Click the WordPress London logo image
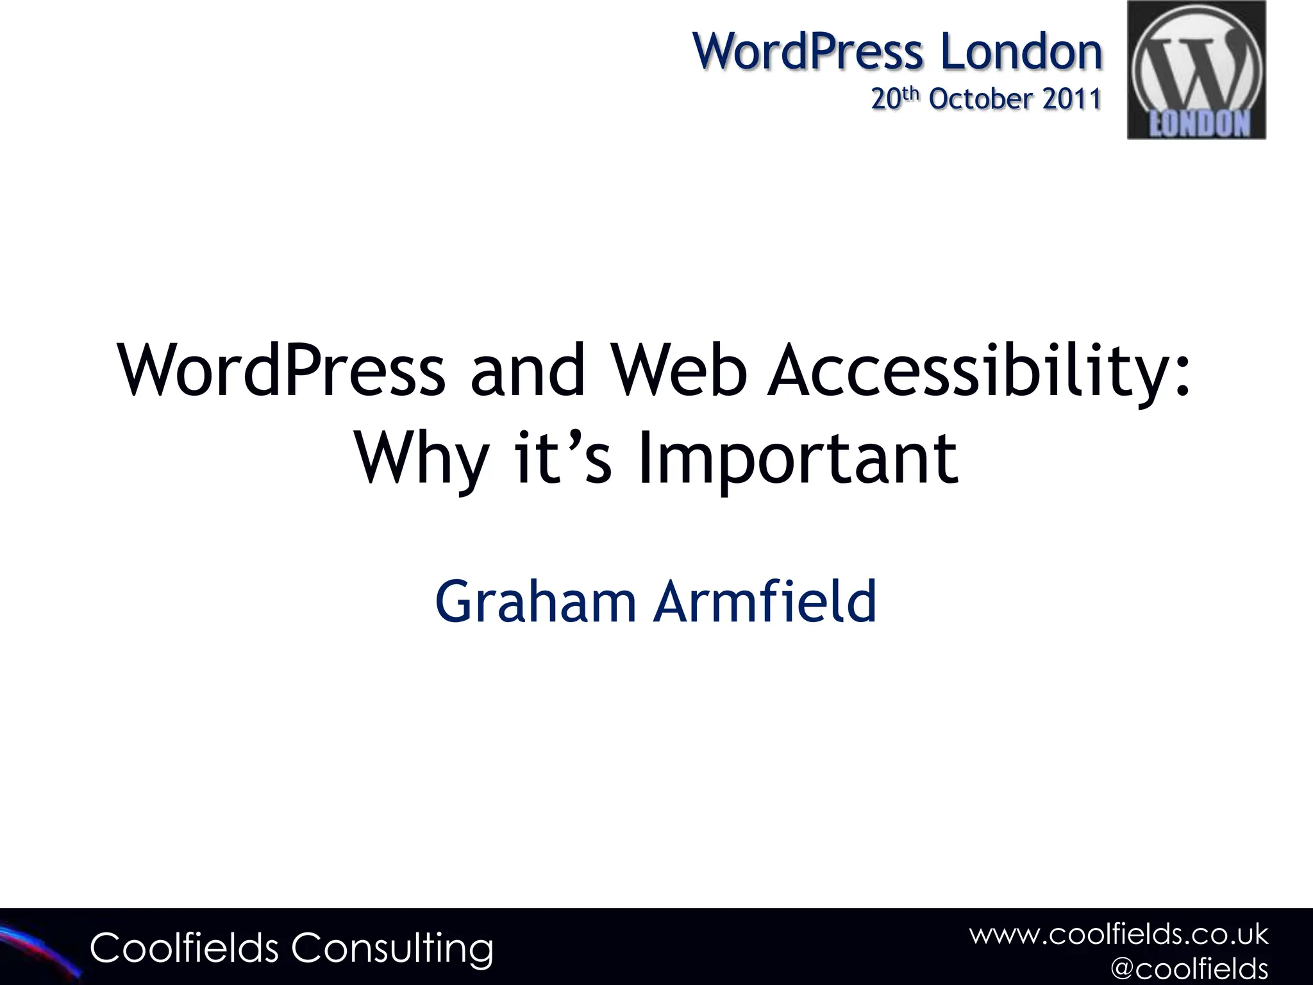(x=1196, y=69)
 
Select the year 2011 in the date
(x=1071, y=99)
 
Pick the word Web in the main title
(x=679, y=371)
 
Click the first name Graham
(x=535, y=601)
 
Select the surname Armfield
(x=764, y=601)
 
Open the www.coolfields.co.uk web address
(x=1118, y=934)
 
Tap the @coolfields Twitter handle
(x=1189, y=968)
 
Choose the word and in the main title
(x=527, y=371)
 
